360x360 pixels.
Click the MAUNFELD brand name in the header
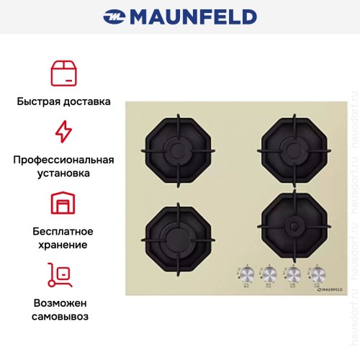tap(193, 17)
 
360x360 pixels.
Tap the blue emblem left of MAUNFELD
tap(114, 17)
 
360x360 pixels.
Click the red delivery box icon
tap(63, 73)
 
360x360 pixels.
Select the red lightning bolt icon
tap(63, 132)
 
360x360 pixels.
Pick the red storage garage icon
tap(63, 204)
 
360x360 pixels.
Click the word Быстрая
tap(39, 102)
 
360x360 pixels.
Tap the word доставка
tap(87, 102)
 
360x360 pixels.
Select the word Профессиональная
tap(63, 159)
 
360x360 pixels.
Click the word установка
tap(63, 174)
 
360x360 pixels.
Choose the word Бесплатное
tap(63, 231)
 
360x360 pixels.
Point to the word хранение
tap(63, 245)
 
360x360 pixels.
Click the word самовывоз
tap(63, 315)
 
